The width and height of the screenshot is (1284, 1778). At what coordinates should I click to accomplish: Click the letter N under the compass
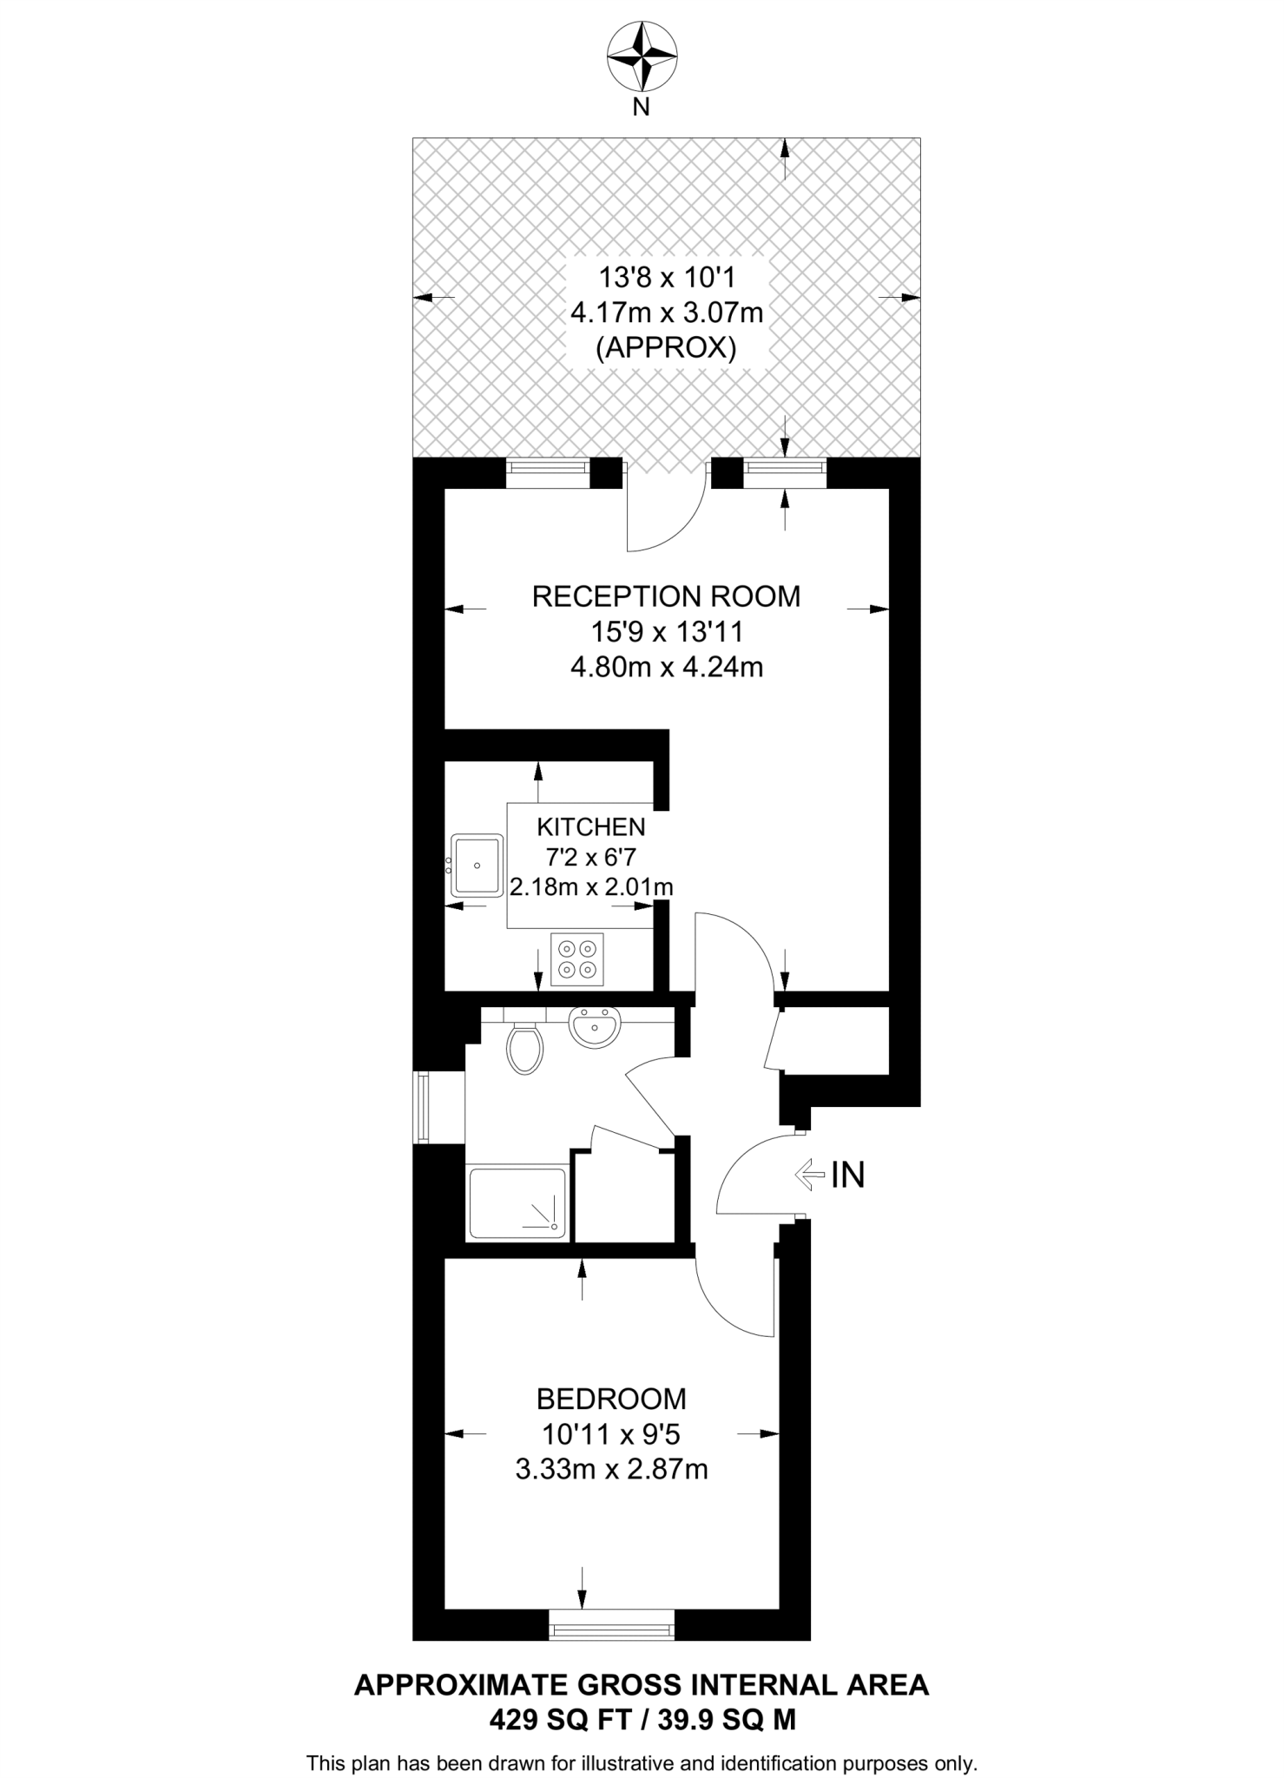641,109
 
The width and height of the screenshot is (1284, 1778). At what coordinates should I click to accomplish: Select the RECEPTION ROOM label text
666,596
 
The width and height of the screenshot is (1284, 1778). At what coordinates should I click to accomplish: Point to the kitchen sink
477,866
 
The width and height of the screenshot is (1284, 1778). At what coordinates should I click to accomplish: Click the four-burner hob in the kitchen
577,958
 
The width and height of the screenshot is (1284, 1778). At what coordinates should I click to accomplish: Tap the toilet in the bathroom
524,1048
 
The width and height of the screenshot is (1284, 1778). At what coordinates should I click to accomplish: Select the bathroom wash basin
594,1028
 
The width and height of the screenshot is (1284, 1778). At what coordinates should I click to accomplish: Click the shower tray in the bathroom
517,1203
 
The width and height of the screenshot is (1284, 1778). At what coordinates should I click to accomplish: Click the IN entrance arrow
809,1175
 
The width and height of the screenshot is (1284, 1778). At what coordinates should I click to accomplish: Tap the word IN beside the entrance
848,1175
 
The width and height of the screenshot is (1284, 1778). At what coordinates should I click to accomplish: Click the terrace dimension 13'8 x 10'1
667,278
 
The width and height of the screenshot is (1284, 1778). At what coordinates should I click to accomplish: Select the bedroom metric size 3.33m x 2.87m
611,1469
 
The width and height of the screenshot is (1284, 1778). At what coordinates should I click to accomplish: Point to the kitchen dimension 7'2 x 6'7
590,857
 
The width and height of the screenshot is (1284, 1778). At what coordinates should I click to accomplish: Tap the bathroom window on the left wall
423,1107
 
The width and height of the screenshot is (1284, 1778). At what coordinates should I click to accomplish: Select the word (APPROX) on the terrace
666,347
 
